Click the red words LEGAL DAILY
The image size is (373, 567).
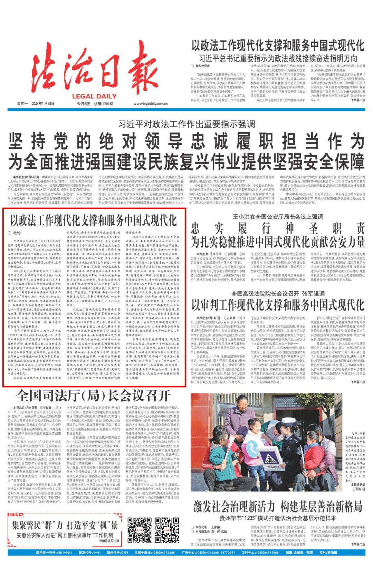click(94, 96)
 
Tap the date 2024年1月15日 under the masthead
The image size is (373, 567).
click(43, 104)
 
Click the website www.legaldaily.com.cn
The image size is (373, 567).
click(150, 104)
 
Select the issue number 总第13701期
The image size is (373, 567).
click(103, 104)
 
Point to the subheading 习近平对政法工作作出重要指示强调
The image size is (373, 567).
click(186, 124)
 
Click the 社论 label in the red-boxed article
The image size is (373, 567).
click(17, 233)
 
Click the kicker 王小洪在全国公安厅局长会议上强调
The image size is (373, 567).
click(278, 217)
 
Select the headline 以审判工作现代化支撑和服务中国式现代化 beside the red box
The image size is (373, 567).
click(278, 305)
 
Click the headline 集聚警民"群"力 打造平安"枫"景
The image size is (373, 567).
click(65, 525)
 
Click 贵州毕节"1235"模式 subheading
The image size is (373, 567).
click(278, 518)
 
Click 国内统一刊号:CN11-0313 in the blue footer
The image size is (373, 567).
click(54, 552)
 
